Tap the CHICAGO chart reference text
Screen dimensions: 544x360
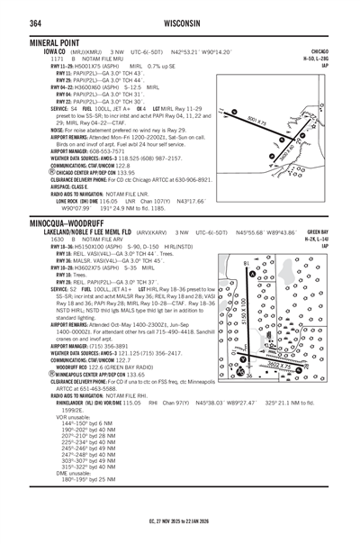[x=341, y=51]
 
